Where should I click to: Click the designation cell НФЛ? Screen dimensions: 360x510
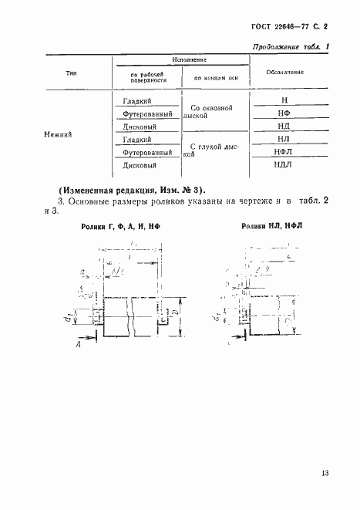point(283,153)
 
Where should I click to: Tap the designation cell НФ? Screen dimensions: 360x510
point(284,114)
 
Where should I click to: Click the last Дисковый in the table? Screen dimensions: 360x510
point(140,165)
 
